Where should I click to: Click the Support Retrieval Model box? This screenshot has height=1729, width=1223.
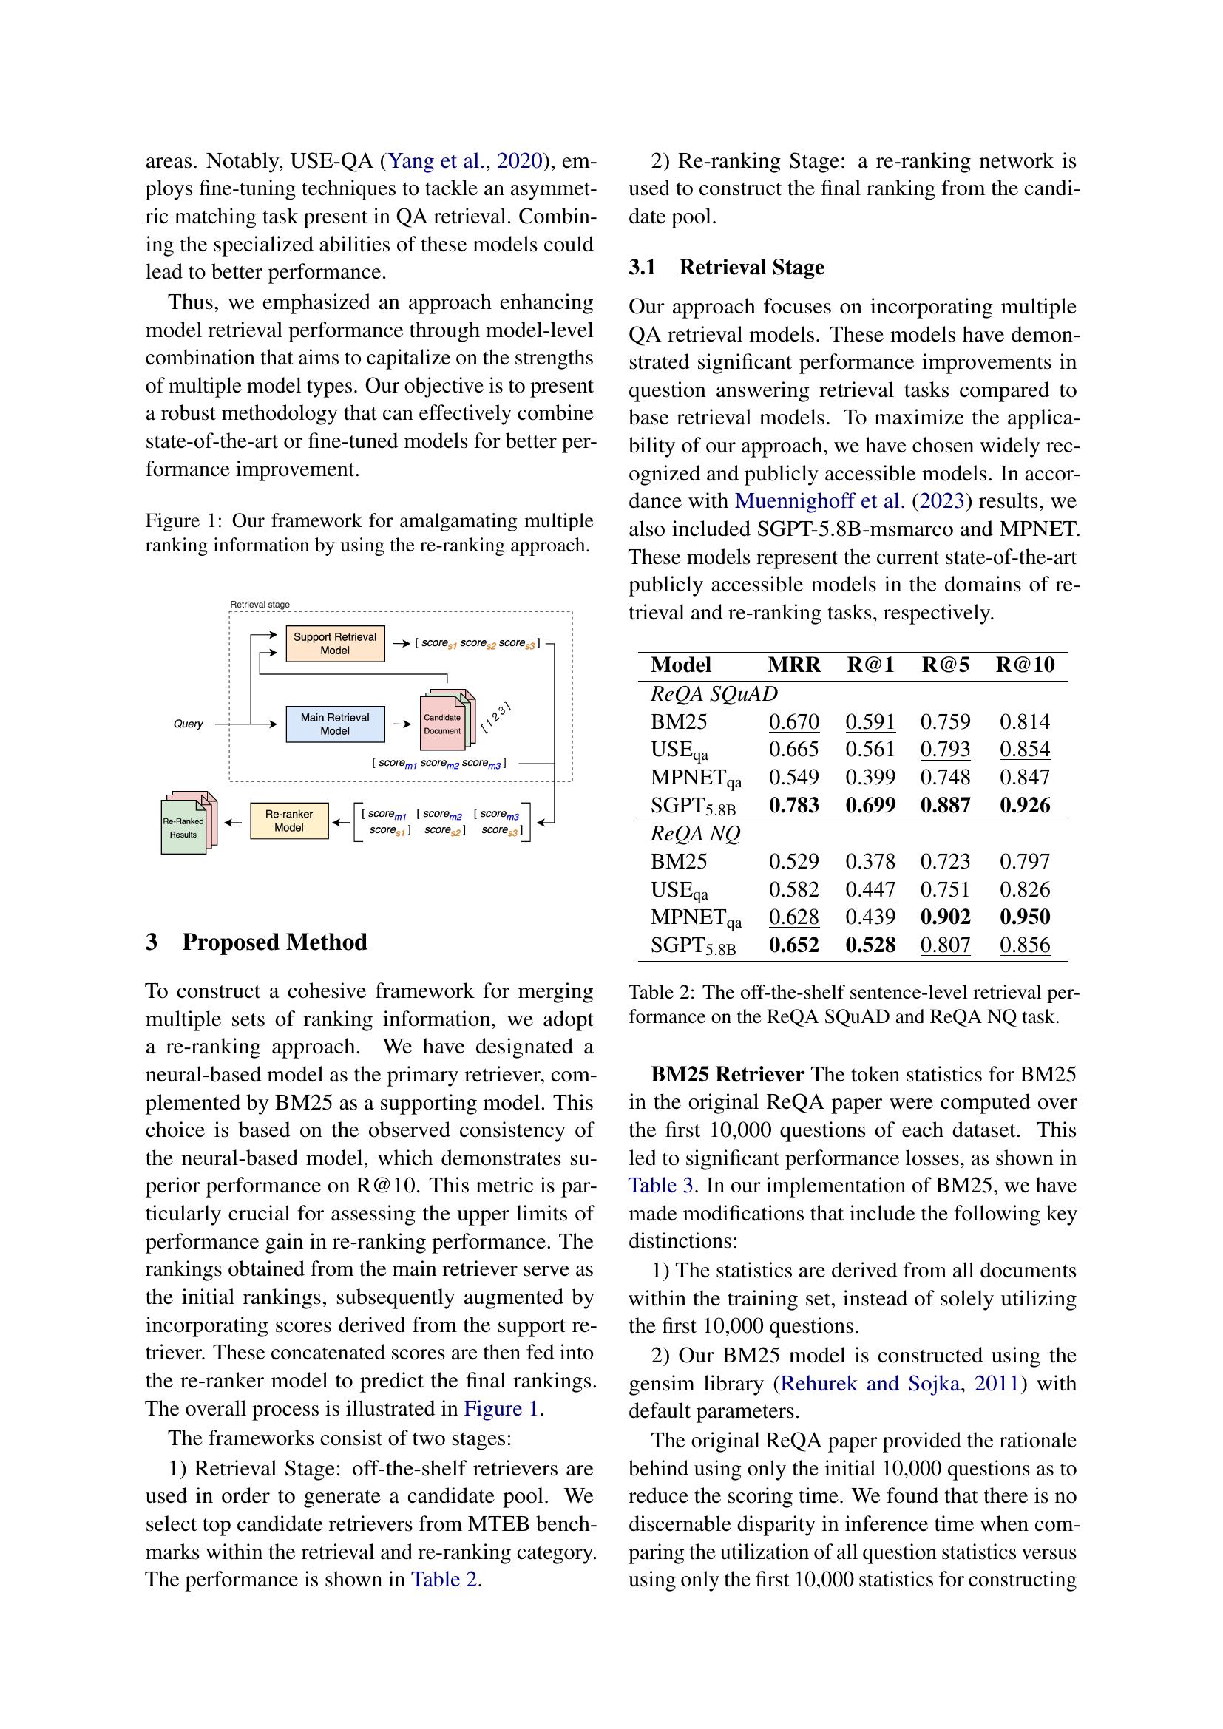click(x=334, y=644)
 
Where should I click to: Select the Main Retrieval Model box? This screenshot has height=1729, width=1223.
click(x=334, y=724)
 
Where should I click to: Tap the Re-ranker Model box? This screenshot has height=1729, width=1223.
click(x=289, y=821)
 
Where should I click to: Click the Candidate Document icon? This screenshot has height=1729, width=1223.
click(x=444, y=724)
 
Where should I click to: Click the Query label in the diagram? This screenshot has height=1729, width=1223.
click(x=189, y=724)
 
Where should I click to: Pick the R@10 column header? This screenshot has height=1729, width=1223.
click(x=1025, y=665)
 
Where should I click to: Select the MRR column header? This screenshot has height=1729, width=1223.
click(x=793, y=665)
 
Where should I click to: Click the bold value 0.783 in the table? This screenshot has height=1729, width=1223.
click(x=793, y=805)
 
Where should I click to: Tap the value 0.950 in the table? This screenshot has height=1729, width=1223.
click(x=1025, y=917)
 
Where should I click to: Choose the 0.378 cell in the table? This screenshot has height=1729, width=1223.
click(x=870, y=861)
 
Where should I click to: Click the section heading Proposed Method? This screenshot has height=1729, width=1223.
click(x=274, y=942)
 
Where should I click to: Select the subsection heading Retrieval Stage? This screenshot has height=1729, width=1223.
click(x=751, y=268)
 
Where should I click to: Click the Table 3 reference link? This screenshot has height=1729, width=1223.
click(x=660, y=1186)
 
